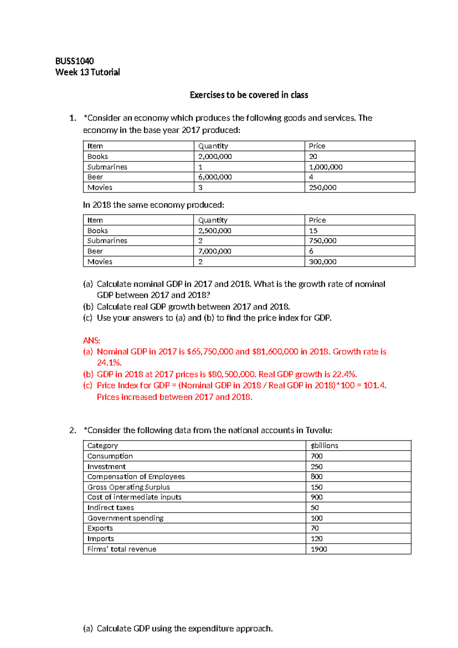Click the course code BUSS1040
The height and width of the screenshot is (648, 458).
tap(74, 61)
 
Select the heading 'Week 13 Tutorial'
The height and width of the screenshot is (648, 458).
tap(87, 72)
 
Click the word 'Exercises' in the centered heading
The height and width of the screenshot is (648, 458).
tap(207, 95)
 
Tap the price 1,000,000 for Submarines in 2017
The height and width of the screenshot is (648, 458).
tap(326, 167)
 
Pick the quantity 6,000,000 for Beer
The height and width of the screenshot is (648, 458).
tap(215, 177)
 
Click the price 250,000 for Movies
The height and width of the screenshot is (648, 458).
tap(323, 188)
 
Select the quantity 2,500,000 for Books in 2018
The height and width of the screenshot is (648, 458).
tap(214, 231)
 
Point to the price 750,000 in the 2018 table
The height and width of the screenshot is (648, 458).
tap(323, 241)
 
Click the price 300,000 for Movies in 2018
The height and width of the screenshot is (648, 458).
tap(323, 262)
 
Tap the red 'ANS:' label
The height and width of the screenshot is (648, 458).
tap(92, 340)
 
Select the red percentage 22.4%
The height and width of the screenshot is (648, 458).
tap(345, 374)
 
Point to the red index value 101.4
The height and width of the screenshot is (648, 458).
tap(374, 385)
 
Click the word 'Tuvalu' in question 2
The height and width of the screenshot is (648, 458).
tap(318, 430)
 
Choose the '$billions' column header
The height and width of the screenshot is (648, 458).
tap(324, 446)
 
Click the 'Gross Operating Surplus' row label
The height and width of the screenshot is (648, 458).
tap(129, 487)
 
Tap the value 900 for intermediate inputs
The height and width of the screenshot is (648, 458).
tap(316, 497)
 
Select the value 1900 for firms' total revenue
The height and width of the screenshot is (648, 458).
tap(319, 549)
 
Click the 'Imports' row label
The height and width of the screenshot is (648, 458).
tap(101, 539)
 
